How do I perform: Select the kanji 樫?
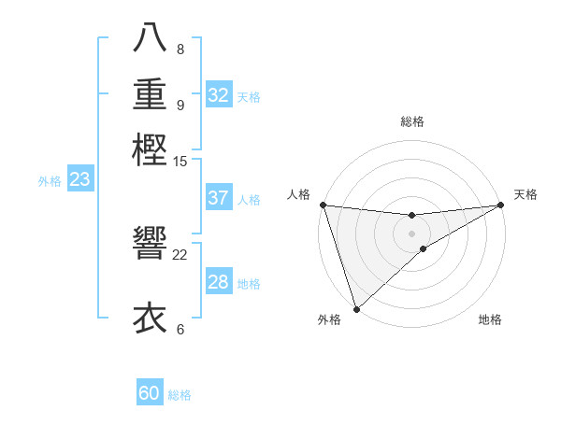(150, 149)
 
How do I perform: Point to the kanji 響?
(150, 243)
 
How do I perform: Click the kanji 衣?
(150, 318)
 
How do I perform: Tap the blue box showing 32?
(219, 95)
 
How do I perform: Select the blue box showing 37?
(219, 198)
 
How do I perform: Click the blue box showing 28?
(219, 282)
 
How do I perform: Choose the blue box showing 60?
(150, 393)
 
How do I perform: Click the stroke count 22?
(180, 254)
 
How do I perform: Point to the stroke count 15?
(180, 162)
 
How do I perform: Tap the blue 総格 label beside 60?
(180, 395)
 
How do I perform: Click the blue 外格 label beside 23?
(50, 182)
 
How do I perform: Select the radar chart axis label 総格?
(411, 121)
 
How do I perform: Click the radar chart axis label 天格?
(525, 194)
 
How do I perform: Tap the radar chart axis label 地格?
(490, 319)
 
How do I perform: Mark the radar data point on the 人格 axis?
(323, 205)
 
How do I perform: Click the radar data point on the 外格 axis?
(356, 307)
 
